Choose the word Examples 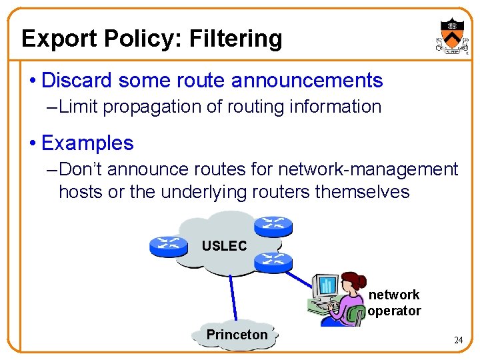87,143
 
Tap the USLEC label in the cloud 224,246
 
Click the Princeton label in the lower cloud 237,335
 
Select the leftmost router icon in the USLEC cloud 169,245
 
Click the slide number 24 458,341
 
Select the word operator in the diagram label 394,311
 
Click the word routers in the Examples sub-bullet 279,192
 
